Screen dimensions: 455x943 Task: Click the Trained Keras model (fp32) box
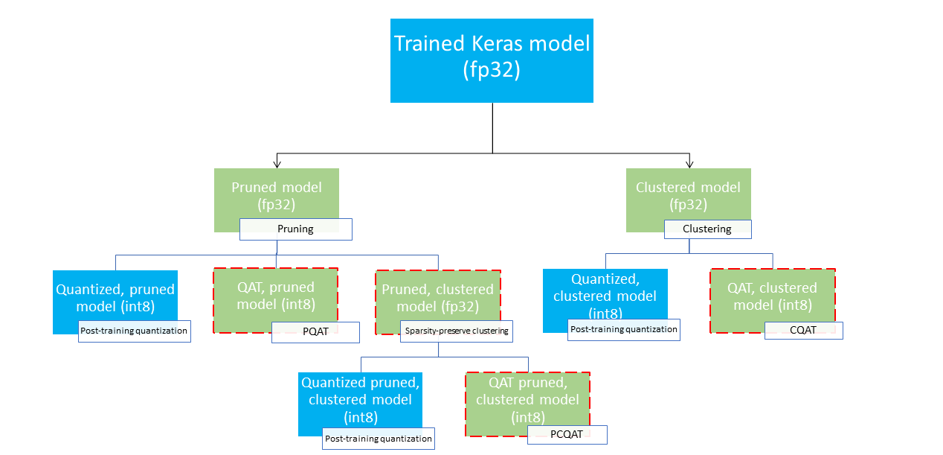click(x=492, y=60)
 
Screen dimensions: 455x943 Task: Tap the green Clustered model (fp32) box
click(x=688, y=194)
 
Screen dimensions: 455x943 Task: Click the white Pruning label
click(x=295, y=229)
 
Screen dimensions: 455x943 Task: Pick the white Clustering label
click(x=707, y=229)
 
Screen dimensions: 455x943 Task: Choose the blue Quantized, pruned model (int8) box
click(x=115, y=296)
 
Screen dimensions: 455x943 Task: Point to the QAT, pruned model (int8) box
click(x=276, y=296)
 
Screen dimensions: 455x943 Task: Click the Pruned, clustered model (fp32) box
click(x=437, y=297)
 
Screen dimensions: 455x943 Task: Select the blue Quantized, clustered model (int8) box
click(x=605, y=295)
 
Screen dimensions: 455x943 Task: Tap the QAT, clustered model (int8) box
click(x=772, y=296)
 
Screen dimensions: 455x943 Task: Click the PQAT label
click(x=315, y=332)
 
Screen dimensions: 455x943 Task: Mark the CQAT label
click(x=803, y=330)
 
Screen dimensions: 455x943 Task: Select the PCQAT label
click(x=567, y=435)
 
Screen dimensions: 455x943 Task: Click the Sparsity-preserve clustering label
click(x=457, y=331)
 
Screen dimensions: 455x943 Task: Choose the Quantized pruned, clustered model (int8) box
click(x=360, y=399)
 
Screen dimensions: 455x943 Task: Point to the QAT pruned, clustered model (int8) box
click(x=527, y=399)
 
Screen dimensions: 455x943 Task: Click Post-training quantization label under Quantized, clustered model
click(x=624, y=330)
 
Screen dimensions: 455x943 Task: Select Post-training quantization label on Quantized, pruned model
click(x=135, y=331)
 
